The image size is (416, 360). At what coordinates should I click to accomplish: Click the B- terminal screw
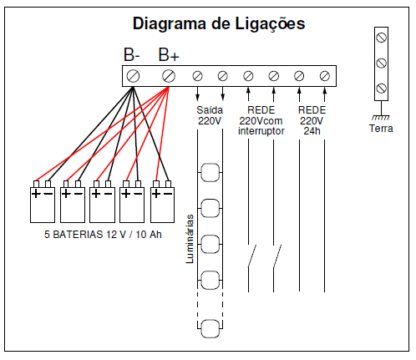[133, 76]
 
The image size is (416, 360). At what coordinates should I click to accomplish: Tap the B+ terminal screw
[169, 76]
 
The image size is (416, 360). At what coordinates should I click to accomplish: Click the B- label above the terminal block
[131, 55]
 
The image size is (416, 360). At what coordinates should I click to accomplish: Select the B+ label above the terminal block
[169, 55]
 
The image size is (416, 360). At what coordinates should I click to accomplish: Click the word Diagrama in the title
[170, 23]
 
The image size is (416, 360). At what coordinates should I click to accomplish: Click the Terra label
[381, 129]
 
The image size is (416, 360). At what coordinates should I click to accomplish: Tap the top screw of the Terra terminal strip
[381, 38]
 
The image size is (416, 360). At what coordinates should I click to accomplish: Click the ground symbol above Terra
[381, 117]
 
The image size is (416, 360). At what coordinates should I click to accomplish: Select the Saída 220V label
[210, 115]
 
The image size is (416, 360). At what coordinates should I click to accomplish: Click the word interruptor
[261, 131]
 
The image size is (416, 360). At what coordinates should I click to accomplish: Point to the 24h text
[312, 130]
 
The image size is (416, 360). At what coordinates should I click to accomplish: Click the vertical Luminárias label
[190, 239]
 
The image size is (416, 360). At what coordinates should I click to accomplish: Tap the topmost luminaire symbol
[211, 173]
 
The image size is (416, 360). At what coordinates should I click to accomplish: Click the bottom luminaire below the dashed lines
[211, 329]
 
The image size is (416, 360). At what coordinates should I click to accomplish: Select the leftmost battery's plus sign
[36, 194]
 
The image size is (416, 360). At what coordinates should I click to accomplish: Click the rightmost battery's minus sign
[168, 194]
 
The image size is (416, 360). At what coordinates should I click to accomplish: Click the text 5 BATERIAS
[74, 235]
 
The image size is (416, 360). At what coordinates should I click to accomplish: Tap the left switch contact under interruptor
[251, 256]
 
